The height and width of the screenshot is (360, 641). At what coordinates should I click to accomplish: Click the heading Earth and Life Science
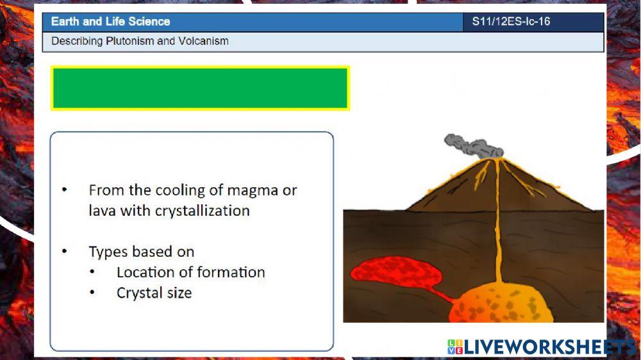click(110, 22)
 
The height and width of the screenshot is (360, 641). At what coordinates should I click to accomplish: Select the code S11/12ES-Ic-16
click(511, 22)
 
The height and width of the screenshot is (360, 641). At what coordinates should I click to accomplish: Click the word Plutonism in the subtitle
click(128, 42)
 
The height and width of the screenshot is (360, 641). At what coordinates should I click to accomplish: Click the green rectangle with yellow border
click(200, 88)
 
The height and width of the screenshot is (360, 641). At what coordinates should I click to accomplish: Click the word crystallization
click(203, 211)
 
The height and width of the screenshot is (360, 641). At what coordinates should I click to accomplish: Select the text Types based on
click(141, 252)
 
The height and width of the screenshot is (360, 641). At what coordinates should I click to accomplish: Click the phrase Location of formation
click(190, 272)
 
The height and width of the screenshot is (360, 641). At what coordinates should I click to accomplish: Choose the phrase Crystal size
click(154, 293)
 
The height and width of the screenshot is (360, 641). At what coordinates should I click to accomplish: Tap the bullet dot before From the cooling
click(64, 190)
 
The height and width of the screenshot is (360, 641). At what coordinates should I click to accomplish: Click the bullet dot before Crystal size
click(93, 293)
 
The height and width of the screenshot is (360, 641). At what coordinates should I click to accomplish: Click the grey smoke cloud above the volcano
click(474, 146)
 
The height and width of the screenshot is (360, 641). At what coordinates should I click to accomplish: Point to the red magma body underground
click(397, 274)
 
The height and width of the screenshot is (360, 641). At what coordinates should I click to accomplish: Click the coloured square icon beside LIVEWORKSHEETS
click(455, 347)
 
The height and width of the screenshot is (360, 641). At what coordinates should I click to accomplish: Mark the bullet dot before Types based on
click(64, 252)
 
